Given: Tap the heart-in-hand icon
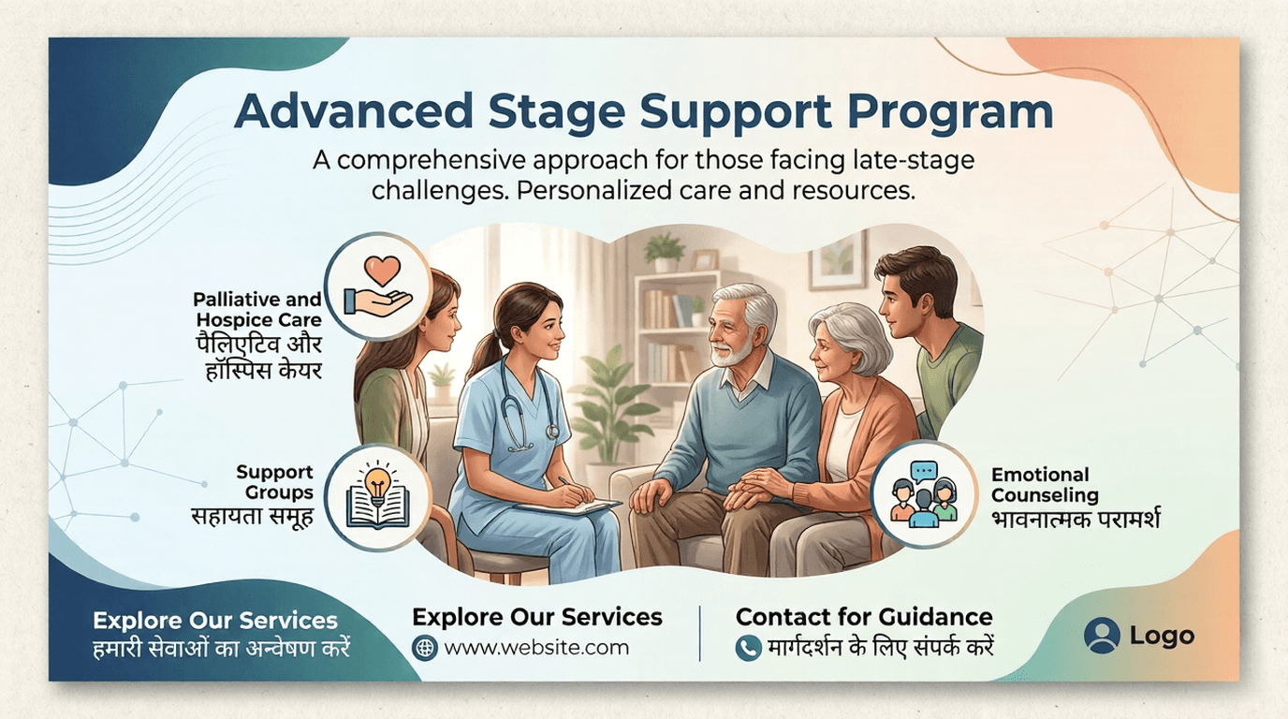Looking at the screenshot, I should coord(378,286).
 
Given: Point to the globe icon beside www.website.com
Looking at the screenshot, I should coord(425,647).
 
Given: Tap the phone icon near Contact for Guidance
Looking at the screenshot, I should coord(747,647).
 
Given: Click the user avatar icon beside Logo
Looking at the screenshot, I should coord(1102,636).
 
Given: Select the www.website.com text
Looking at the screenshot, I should coord(536,647).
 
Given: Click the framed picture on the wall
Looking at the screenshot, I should coord(838,261).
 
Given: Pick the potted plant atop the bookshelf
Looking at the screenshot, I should coord(666,250).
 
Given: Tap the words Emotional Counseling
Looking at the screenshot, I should coord(1045,485).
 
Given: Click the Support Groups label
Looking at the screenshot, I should coord(274,482).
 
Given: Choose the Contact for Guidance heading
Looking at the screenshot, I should coord(864,617).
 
